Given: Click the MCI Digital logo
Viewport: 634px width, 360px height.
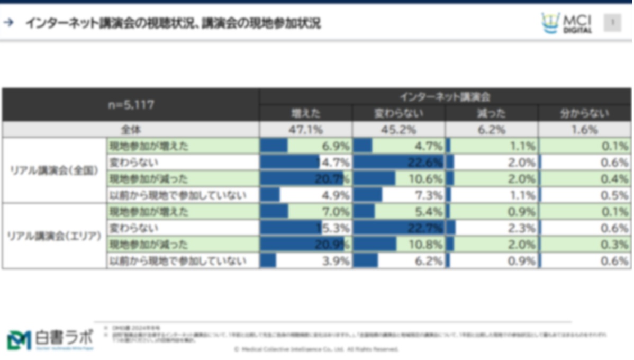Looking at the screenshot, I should [567, 23].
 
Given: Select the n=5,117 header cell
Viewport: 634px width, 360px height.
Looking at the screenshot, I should [131, 105].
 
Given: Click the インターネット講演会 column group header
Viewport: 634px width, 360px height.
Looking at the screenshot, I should [445, 96].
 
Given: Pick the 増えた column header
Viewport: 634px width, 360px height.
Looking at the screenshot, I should [305, 113].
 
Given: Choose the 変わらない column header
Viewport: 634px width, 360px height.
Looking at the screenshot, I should [398, 113].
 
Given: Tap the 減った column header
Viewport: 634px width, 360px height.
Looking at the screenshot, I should [491, 113].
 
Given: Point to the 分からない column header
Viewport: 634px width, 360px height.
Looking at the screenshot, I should [585, 113].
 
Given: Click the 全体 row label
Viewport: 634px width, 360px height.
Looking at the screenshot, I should [131, 130].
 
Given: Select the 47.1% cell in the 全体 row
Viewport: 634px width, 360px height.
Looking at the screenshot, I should [305, 130].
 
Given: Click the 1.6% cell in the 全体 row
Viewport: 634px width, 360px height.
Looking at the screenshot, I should [585, 130].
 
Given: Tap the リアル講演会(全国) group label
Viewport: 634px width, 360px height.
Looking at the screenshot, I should [55, 170].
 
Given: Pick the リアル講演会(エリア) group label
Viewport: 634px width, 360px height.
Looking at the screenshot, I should [55, 236].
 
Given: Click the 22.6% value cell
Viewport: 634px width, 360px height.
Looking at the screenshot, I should [398, 163].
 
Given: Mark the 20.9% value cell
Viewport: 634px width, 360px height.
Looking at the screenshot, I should [305, 245].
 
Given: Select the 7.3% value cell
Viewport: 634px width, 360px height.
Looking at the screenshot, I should [398, 195].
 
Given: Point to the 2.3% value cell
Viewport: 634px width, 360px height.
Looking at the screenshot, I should [491, 228].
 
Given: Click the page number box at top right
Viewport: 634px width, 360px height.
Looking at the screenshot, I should [612, 22].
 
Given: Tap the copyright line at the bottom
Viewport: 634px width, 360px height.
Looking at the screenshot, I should [316, 349].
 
